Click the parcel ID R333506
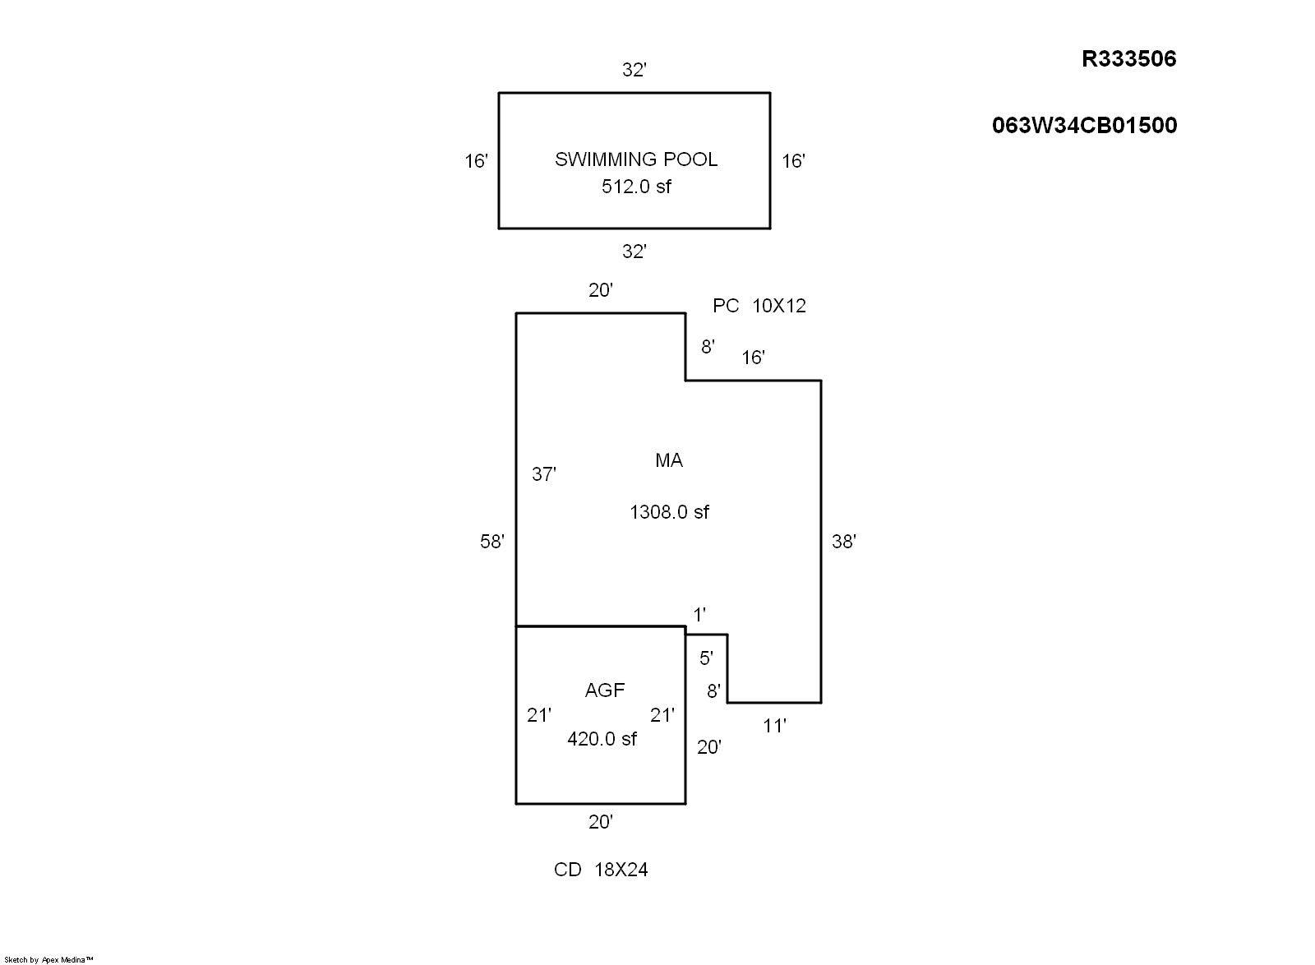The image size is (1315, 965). pyautogui.click(x=1129, y=58)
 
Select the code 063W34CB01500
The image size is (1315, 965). pyautogui.click(x=1084, y=126)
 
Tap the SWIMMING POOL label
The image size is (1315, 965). pyautogui.click(x=636, y=159)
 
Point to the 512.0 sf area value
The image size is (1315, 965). pyautogui.click(x=636, y=187)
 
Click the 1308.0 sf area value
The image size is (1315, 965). pyautogui.click(x=669, y=512)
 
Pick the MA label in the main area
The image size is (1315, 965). pyautogui.click(x=669, y=460)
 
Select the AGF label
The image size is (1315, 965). pyautogui.click(x=605, y=690)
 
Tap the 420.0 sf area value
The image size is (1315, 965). pyautogui.click(x=602, y=739)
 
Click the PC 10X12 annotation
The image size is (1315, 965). pyautogui.click(x=759, y=306)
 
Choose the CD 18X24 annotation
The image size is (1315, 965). pyautogui.click(x=601, y=870)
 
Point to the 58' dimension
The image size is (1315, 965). pyautogui.click(x=492, y=541)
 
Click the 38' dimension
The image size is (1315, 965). pyautogui.click(x=844, y=541)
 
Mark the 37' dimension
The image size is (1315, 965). pyautogui.click(x=543, y=474)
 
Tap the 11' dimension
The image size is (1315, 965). pyautogui.click(x=774, y=726)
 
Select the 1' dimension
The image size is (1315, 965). pyautogui.click(x=699, y=615)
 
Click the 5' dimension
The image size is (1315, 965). pyautogui.click(x=706, y=658)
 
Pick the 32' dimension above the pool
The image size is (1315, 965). pyautogui.click(x=634, y=70)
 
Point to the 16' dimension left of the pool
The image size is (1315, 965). pyautogui.click(x=476, y=161)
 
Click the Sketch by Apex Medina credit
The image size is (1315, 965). pyautogui.click(x=48, y=960)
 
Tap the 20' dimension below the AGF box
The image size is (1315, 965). pyautogui.click(x=601, y=822)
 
